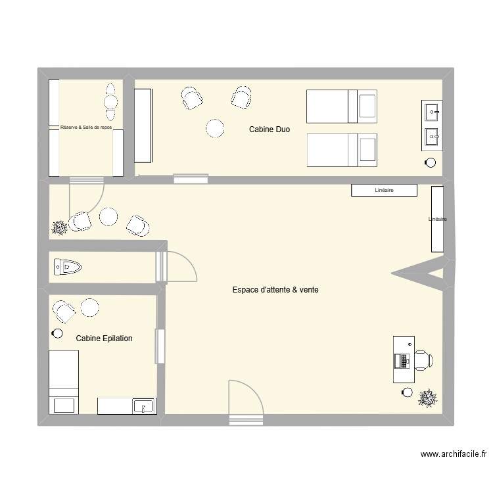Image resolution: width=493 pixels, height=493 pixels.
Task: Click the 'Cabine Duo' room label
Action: pos(269,130)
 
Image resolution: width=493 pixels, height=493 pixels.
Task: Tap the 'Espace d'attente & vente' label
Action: pos(275,289)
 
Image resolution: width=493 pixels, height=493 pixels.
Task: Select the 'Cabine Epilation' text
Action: pos(104,339)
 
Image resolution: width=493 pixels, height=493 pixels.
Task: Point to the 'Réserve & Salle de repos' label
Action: pos(85,128)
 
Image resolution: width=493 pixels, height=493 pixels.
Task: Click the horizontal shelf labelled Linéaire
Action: pos(384,191)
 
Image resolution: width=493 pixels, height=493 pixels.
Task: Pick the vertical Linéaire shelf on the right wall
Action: pos(437,219)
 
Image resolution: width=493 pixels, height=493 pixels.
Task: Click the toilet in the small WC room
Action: pos(67,267)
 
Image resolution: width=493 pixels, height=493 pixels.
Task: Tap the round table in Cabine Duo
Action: pos(215,128)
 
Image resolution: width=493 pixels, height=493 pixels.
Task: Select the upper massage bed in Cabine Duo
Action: pos(342,106)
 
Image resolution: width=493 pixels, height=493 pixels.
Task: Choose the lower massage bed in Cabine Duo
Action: pos(342,150)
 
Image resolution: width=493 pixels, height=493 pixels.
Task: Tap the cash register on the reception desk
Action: pos(401,360)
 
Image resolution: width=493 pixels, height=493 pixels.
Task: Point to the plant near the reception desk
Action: pos(428,398)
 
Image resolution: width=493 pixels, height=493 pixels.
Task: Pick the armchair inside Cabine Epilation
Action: pos(64,311)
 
